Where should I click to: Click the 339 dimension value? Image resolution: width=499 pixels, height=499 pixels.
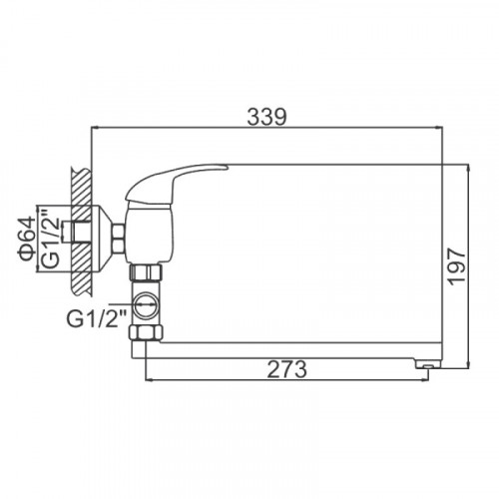(x=266, y=117)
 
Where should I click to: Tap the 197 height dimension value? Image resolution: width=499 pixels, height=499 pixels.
(x=456, y=266)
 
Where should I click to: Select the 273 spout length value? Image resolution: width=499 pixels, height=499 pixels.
(x=287, y=369)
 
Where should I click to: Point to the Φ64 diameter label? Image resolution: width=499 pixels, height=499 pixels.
(x=27, y=239)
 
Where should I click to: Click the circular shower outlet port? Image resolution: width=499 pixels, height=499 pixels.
(x=146, y=305)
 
